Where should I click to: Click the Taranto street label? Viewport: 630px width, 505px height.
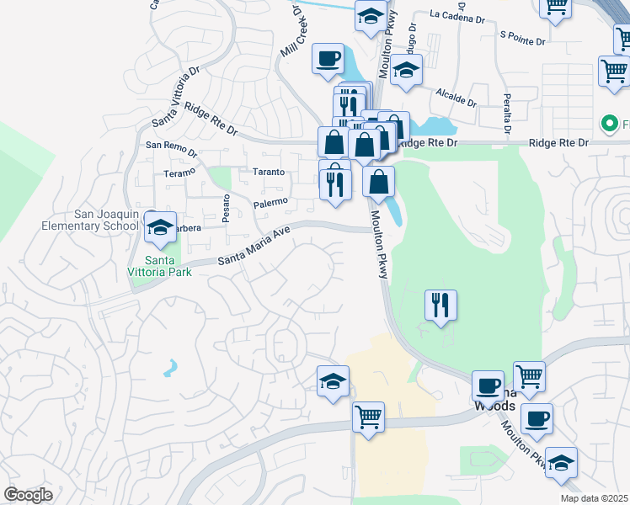tap(269, 172)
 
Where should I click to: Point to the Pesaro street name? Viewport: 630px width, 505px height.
tap(226, 208)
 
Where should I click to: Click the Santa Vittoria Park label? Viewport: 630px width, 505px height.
tap(159, 265)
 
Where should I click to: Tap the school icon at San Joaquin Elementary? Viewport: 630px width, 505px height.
tap(158, 226)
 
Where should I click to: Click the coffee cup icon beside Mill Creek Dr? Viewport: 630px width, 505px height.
tap(328, 59)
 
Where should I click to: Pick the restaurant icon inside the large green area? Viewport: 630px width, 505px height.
tap(440, 305)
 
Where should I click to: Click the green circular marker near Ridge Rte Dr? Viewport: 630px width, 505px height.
tap(609, 125)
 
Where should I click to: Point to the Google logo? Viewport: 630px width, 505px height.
tap(28, 495)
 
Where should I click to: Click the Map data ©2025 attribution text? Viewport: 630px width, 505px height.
tap(595, 498)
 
